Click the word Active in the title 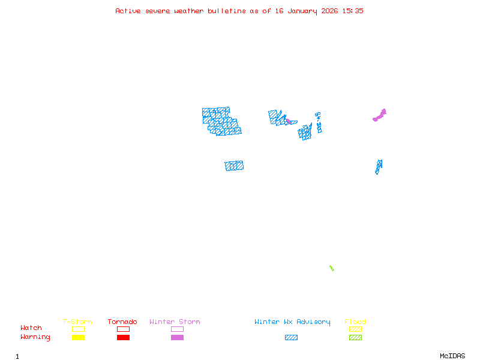128,11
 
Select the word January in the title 302,11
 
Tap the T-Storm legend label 77,322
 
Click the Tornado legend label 122,322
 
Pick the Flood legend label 355,322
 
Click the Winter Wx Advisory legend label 292,322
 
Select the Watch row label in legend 31,328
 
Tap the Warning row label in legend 35,337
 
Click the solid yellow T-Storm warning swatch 78,338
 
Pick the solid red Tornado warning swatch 123,338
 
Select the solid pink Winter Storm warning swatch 177,338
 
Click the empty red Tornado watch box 123,329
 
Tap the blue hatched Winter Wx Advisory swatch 291,338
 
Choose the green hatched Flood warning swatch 355,338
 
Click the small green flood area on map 331,268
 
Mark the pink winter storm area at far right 380,115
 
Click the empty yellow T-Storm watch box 78,329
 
